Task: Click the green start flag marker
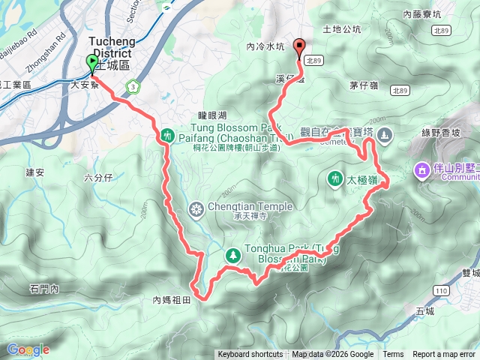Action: click(x=92, y=63)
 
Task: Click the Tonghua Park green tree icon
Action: click(x=232, y=255)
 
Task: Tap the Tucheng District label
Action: click(x=110, y=47)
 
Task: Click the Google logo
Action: click(x=28, y=349)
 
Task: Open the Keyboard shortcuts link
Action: click(x=250, y=355)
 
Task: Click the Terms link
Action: click(x=393, y=355)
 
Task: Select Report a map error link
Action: click(x=445, y=355)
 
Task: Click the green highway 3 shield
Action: click(x=133, y=86)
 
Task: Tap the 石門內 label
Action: click(x=44, y=287)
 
